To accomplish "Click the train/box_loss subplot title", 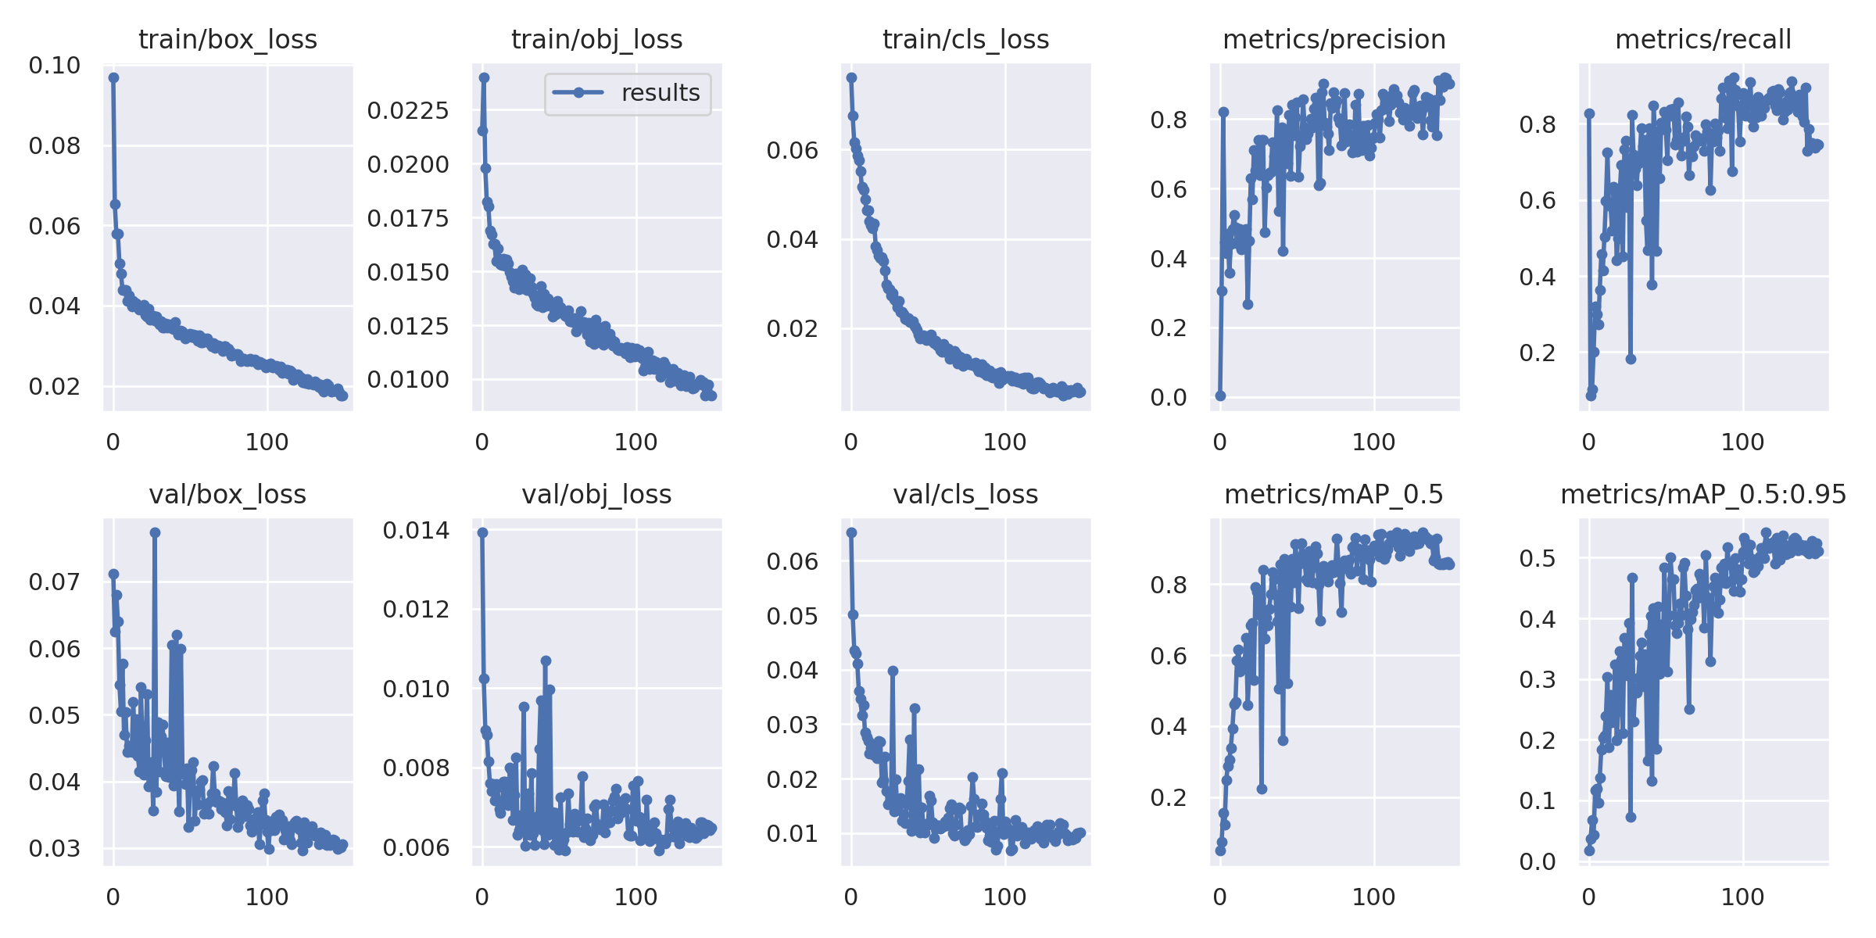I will [x=227, y=39].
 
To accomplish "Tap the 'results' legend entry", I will [x=660, y=93].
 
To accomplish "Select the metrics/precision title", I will [x=1334, y=39].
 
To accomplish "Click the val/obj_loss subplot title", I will [x=596, y=494].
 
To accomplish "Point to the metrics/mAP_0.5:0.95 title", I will [x=1703, y=494].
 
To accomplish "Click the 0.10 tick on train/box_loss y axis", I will [x=55, y=66].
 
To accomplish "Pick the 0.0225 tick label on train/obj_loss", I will [x=408, y=111].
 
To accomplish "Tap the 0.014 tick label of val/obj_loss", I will [x=416, y=531].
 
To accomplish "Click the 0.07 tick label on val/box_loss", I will [x=55, y=582].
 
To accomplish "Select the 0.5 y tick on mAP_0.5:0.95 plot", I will [x=1538, y=558].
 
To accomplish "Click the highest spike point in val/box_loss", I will [x=155, y=532].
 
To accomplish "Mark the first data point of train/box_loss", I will [x=113, y=77].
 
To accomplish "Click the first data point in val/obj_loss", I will [x=482, y=532].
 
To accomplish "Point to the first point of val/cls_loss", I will [x=851, y=532].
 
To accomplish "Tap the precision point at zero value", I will [x=1220, y=396].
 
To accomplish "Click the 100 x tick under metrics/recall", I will [x=1742, y=442].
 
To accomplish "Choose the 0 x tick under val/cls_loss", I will [x=851, y=897].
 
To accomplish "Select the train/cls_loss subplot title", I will [x=965, y=39].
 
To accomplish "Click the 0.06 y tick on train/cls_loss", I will [x=793, y=150].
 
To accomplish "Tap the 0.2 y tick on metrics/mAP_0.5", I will [x=1169, y=798].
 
